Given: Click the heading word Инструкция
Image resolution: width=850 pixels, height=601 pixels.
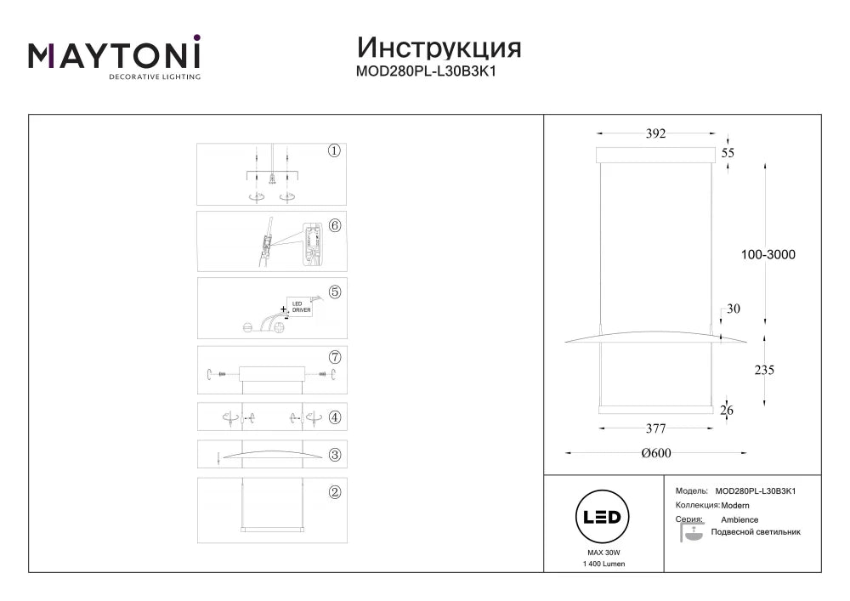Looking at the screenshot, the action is [439, 48].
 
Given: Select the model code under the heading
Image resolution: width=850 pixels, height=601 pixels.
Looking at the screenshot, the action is [426, 71].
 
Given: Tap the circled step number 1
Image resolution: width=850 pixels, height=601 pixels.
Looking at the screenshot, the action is [334, 150].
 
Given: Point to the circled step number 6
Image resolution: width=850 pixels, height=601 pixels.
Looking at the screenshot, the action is [335, 225].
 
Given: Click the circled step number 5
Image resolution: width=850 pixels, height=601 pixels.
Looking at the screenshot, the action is [335, 292].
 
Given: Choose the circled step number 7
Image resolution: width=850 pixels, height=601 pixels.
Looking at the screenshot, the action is [335, 357].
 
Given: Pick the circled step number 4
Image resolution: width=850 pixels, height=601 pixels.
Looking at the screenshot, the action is [335, 417].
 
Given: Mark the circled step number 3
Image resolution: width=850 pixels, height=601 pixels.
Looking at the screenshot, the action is [335, 455].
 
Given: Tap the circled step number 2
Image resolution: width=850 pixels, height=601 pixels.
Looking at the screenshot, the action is [335, 492].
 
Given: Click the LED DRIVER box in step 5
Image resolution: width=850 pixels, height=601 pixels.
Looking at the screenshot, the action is [300, 307].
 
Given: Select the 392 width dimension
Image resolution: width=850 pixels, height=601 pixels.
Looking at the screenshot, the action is [655, 133].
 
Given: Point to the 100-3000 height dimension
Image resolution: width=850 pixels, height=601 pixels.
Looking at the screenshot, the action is [768, 254].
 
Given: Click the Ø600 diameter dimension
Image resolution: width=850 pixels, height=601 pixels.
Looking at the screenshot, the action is [656, 453].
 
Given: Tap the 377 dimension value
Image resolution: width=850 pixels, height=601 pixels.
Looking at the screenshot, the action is [655, 428].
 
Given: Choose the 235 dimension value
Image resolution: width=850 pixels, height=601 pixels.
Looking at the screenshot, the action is [764, 370].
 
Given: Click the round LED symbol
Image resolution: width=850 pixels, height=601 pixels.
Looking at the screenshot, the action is [603, 517].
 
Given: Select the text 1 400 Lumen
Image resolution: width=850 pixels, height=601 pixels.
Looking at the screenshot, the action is [603, 564].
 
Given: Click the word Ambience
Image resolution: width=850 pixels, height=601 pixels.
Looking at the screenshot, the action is [739, 519].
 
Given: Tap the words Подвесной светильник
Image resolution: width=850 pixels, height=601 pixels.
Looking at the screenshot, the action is [756, 532].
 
